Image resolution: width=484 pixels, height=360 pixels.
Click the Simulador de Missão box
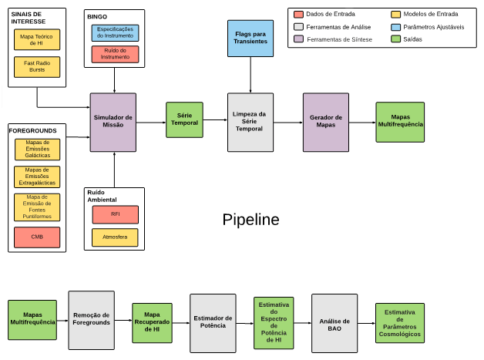pos(113,122)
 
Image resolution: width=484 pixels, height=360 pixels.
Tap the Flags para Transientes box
pos(250,37)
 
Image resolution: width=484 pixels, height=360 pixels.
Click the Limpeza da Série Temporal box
pos(250,122)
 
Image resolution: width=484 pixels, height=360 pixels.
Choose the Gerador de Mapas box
pos(326,122)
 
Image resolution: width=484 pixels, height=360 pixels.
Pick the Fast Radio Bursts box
pos(36,67)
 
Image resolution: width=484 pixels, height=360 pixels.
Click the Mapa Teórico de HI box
pos(36,39)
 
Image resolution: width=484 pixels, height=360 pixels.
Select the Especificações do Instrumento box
pos(115,33)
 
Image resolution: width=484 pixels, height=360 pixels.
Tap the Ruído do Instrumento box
pos(115,54)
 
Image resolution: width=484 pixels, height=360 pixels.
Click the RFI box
pos(115,214)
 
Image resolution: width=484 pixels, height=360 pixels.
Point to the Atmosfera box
pos(115,237)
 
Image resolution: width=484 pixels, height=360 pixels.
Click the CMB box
pos(37,237)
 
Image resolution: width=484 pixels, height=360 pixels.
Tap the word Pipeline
pos(250,220)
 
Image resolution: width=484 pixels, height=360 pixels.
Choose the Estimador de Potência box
pos(213,321)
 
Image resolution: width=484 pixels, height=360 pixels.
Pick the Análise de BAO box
pos(334,321)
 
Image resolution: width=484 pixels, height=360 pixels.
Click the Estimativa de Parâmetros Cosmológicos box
pos(399,325)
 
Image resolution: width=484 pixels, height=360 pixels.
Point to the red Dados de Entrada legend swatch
pos(299,14)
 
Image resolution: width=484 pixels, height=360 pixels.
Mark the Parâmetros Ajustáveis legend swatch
pos(396,26)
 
